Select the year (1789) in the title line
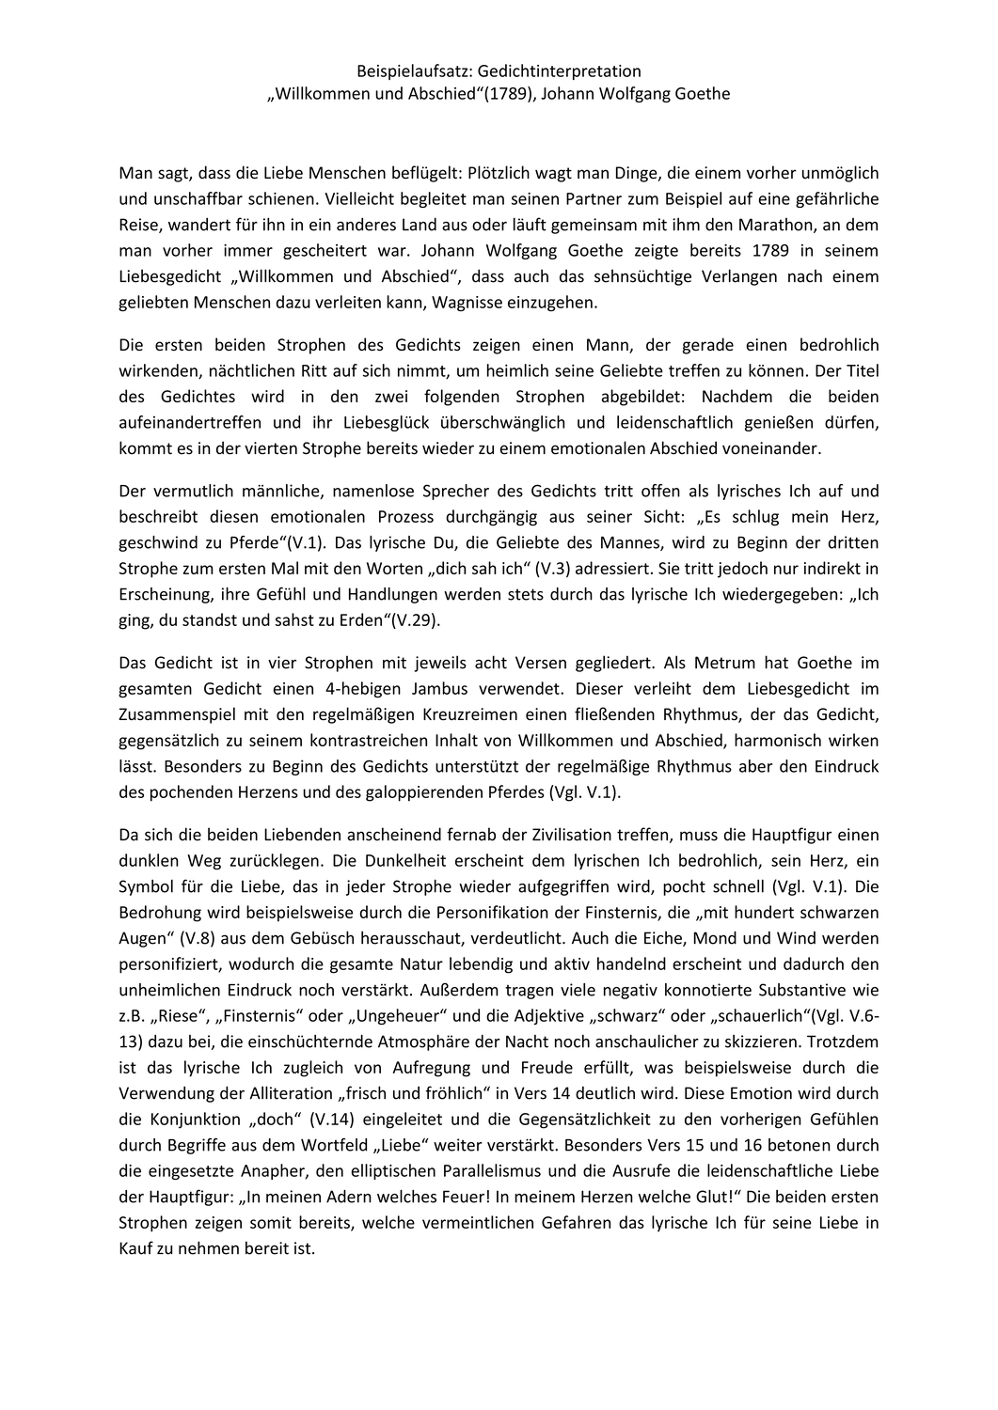pos(503,94)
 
